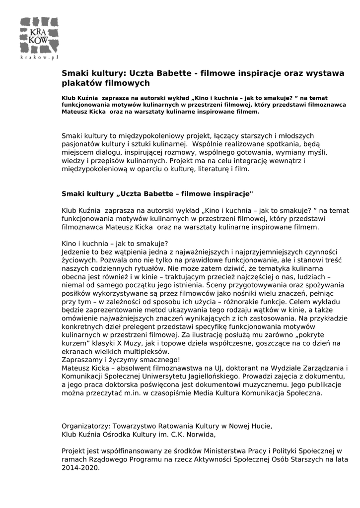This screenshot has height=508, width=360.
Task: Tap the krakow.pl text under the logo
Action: tap(39, 58)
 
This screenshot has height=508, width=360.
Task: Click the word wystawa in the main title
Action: tap(323, 73)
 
